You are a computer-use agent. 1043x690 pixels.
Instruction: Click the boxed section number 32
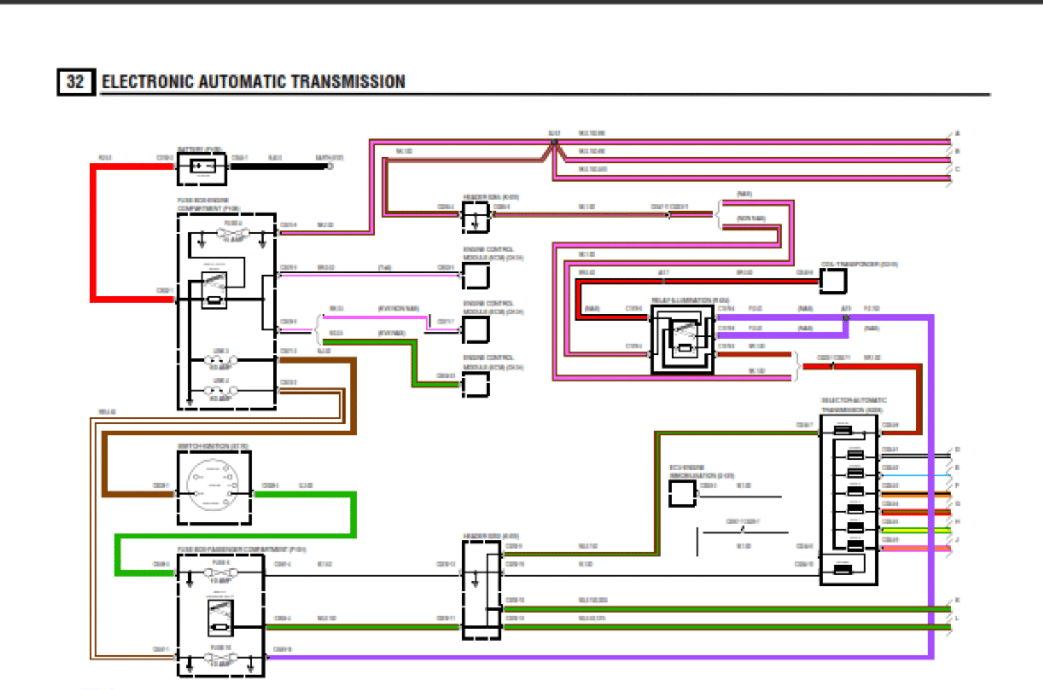pos(76,82)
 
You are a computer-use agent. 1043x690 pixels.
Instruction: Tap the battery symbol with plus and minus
pos(202,167)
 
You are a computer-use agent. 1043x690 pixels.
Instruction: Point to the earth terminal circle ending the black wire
pos(330,166)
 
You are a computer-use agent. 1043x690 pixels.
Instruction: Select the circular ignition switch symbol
pos(213,486)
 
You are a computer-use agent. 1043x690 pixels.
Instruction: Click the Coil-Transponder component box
pos(833,281)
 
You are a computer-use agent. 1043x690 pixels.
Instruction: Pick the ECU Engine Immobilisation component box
pos(681,493)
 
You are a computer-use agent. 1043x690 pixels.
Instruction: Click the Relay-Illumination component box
pos(683,339)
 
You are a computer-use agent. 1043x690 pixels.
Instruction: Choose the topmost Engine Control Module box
pos(476,275)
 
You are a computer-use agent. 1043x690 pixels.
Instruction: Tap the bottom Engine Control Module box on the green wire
pos(476,385)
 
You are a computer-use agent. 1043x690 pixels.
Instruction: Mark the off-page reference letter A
pos(957,133)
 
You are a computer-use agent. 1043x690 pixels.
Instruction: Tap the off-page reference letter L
pos(957,618)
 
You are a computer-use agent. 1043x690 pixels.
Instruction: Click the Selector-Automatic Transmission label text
pos(853,405)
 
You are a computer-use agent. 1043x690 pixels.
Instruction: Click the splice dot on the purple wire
pos(846,318)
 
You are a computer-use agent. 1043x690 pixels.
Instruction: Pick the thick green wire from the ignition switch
pos(306,495)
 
